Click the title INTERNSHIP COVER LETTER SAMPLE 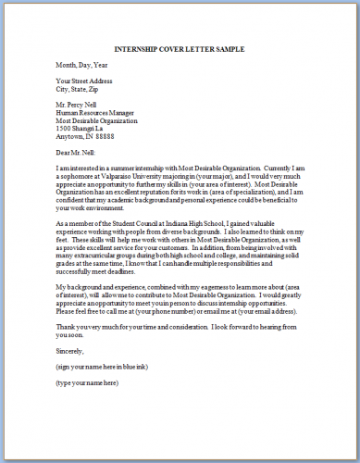tap(179, 47)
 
